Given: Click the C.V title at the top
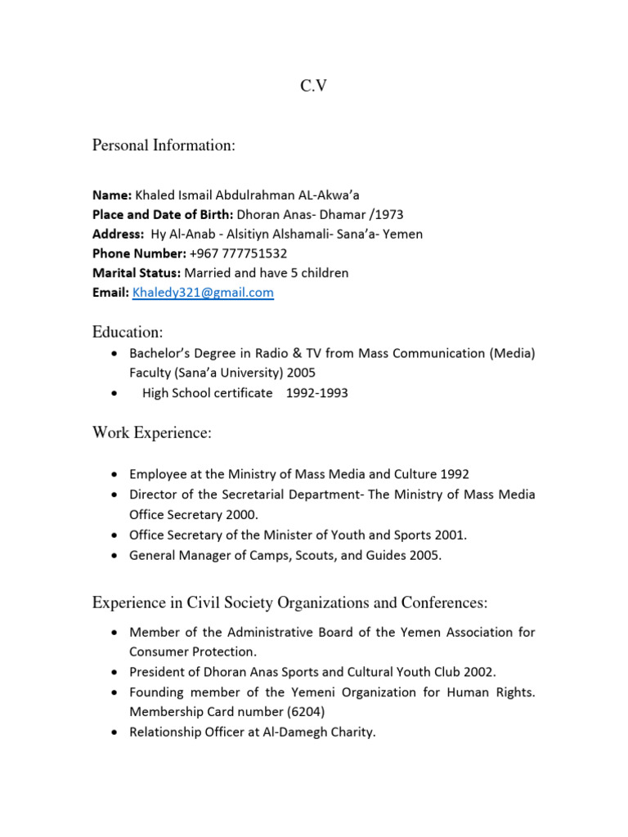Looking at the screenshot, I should pyautogui.click(x=314, y=85).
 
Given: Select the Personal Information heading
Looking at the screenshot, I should pyautogui.click(x=164, y=146).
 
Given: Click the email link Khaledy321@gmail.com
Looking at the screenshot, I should pyautogui.click(x=203, y=293).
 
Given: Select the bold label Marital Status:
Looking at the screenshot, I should pyautogui.click(x=137, y=273).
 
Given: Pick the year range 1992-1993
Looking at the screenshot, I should pyautogui.click(x=316, y=393).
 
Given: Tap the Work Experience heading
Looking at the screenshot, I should pyautogui.click(x=151, y=434).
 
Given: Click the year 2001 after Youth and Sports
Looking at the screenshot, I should pyautogui.click(x=451, y=535).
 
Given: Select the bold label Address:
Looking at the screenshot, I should pyautogui.click(x=118, y=235).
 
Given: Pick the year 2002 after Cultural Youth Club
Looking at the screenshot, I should pyautogui.click(x=480, y=672).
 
